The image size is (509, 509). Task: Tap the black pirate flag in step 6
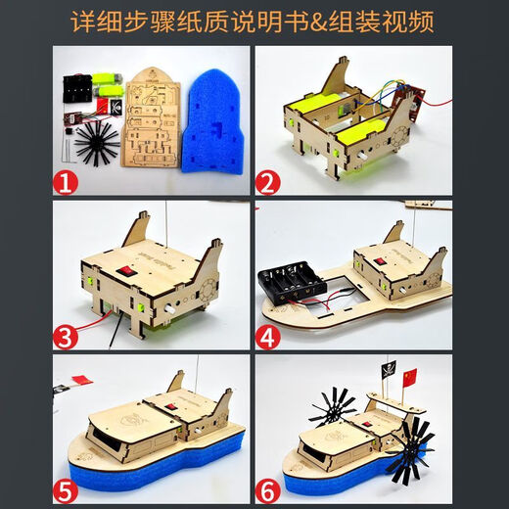(388, 371)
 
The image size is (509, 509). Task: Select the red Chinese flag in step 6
(408, 376)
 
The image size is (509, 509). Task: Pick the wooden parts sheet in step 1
(150, 122)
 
